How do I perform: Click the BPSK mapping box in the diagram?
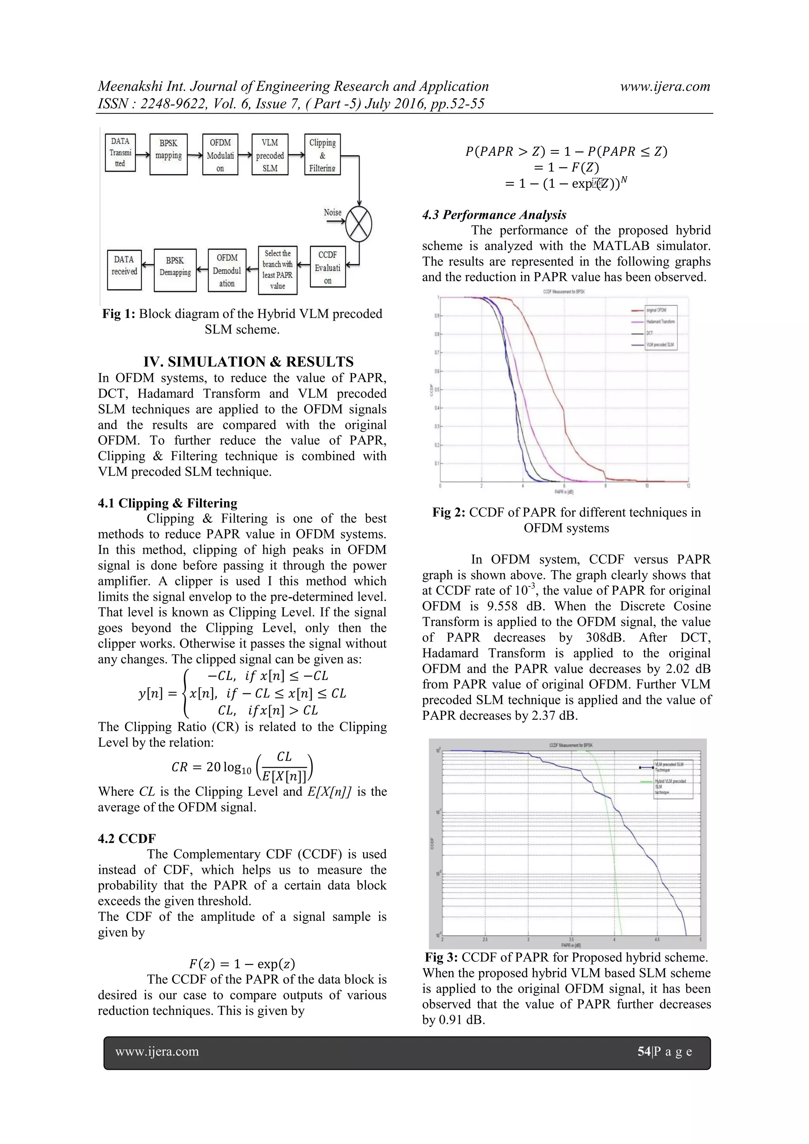pyautogui.click(x=169, y=154)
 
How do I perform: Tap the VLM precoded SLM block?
pyautogui.click(x=270, y=154)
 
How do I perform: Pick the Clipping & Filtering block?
pyautogui.click(x=322, y=154)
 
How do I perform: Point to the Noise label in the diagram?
pyautogui.click(x=333, y=213)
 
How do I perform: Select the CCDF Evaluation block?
pyautogui.click(x=327, y=267)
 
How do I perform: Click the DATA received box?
pyautogui.click(x=124, y=270)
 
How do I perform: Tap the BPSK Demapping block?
pyautogui.click(x=175, y=270)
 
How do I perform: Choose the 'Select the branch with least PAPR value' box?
pyautogui.click(x=278, y=270)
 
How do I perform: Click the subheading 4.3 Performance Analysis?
pyautogui.click(x=494, y=215)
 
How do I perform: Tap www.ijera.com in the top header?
pyautogui.click(x=665, y=86)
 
